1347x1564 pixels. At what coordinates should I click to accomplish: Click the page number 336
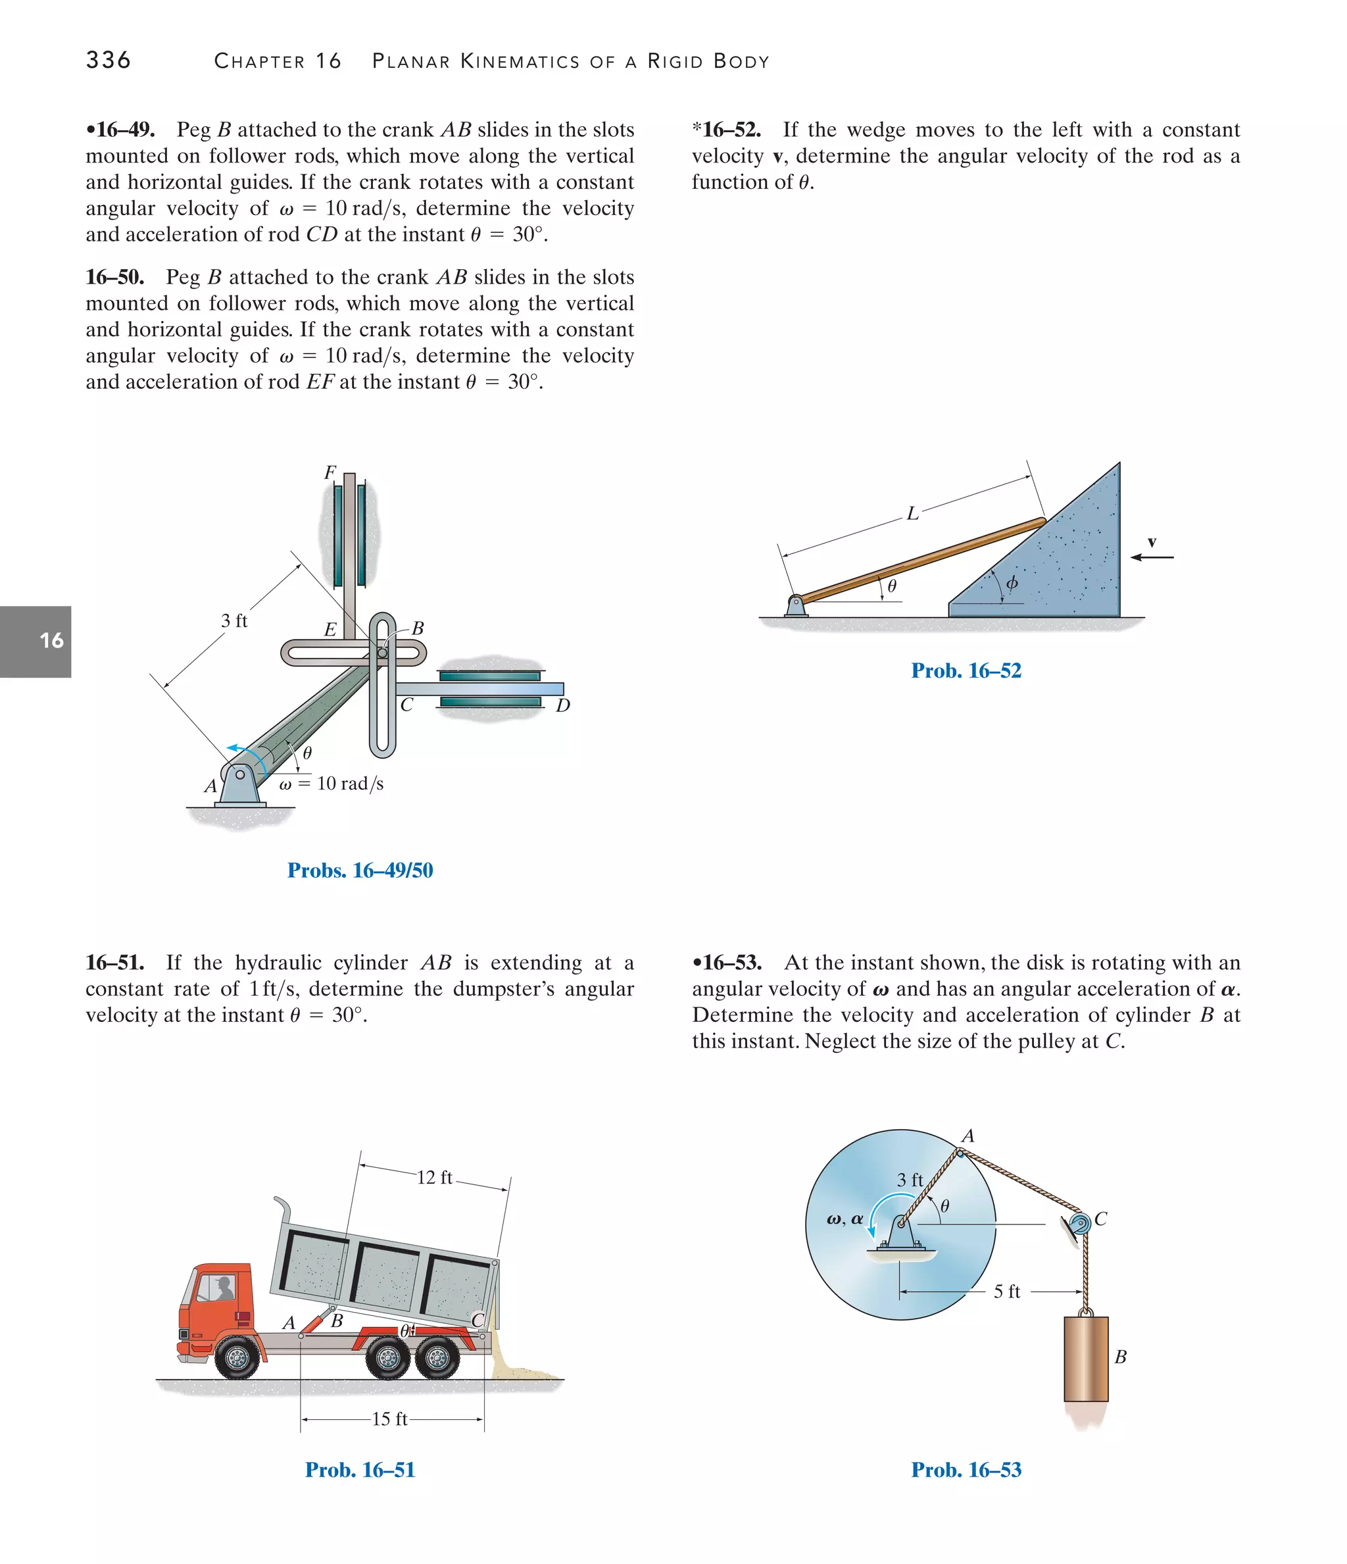pyautogui.click(x=108, y=61)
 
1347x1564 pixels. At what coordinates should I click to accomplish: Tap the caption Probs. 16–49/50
pyautogui.click(x=360, y=870)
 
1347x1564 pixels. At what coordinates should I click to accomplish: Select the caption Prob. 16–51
pyautogui.click(x=360, y=1470)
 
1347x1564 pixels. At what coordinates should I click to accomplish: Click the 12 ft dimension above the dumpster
pyautogui.click(x=435, y=1178)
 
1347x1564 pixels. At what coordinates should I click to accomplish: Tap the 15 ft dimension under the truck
pyautogui.click(x=389, y=1419)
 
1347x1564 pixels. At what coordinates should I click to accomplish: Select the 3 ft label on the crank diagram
pyautogui.click(x=234, y=620)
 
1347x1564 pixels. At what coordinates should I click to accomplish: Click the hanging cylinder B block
pyautogui.click(x=1085, y=1359)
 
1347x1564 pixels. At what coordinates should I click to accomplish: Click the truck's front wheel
pyautogui.click(x=237, y=1358)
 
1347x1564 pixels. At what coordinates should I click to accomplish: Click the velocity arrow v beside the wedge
pyautogui.click(x=1152, y=557)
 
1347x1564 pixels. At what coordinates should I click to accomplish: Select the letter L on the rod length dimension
pyautogui.click(x=912, y=514)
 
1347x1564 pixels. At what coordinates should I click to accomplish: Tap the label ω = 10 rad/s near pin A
pyautogui.click(x=331, y=784)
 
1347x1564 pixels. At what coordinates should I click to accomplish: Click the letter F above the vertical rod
pyautogui.click(x=330, y=472)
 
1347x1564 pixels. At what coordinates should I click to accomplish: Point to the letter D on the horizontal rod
pyautogui.click(x=562, y=706)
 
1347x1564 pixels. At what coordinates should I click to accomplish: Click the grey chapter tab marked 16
pyautogui.click(x=36, y=641)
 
